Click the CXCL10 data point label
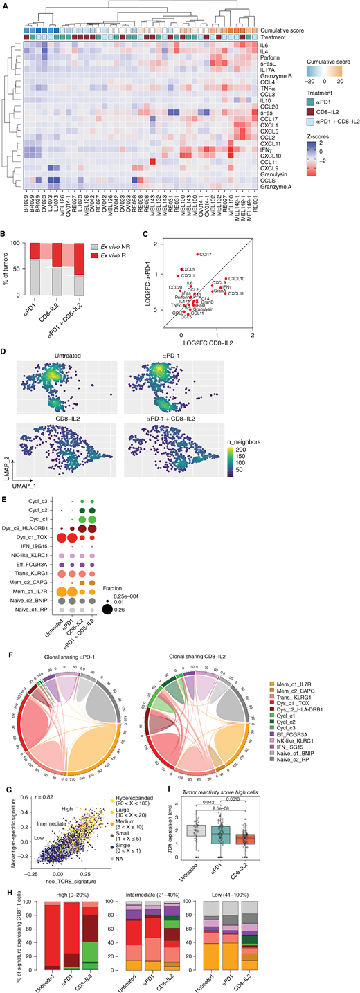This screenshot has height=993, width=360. [x=236, y=278]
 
